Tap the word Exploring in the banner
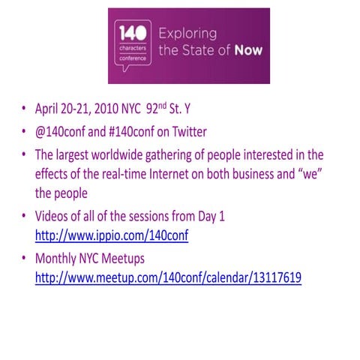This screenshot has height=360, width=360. [187, 34]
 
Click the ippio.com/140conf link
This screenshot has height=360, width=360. [112, 235]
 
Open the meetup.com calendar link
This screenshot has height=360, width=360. [169, 277]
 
